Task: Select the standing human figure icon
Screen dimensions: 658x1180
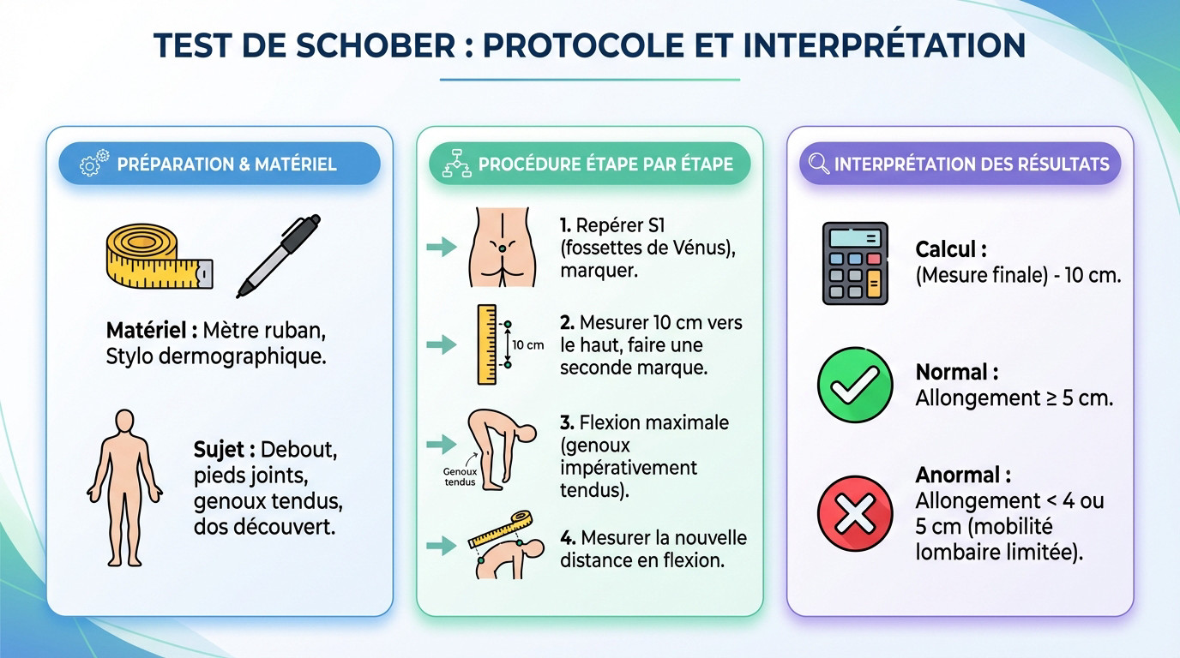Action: click(x=125, y=487)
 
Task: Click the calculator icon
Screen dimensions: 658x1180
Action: click(x=855, y=263)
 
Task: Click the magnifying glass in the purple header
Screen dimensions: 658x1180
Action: click(x=819, y=164)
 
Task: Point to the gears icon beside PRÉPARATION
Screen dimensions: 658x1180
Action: click(x=94, y=164)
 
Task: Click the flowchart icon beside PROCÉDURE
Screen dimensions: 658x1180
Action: click(x=456, y=164)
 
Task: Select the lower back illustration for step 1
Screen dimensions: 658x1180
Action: click(x=502, y=247)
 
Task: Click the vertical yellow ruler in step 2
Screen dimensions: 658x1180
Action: click(x=487, y=344)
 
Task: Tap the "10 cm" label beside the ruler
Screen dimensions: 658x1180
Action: click(x=528, y=345)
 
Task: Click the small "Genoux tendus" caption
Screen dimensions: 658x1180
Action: click(x=460, y=476)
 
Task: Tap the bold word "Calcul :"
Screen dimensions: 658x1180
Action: click(x=951, y=249)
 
